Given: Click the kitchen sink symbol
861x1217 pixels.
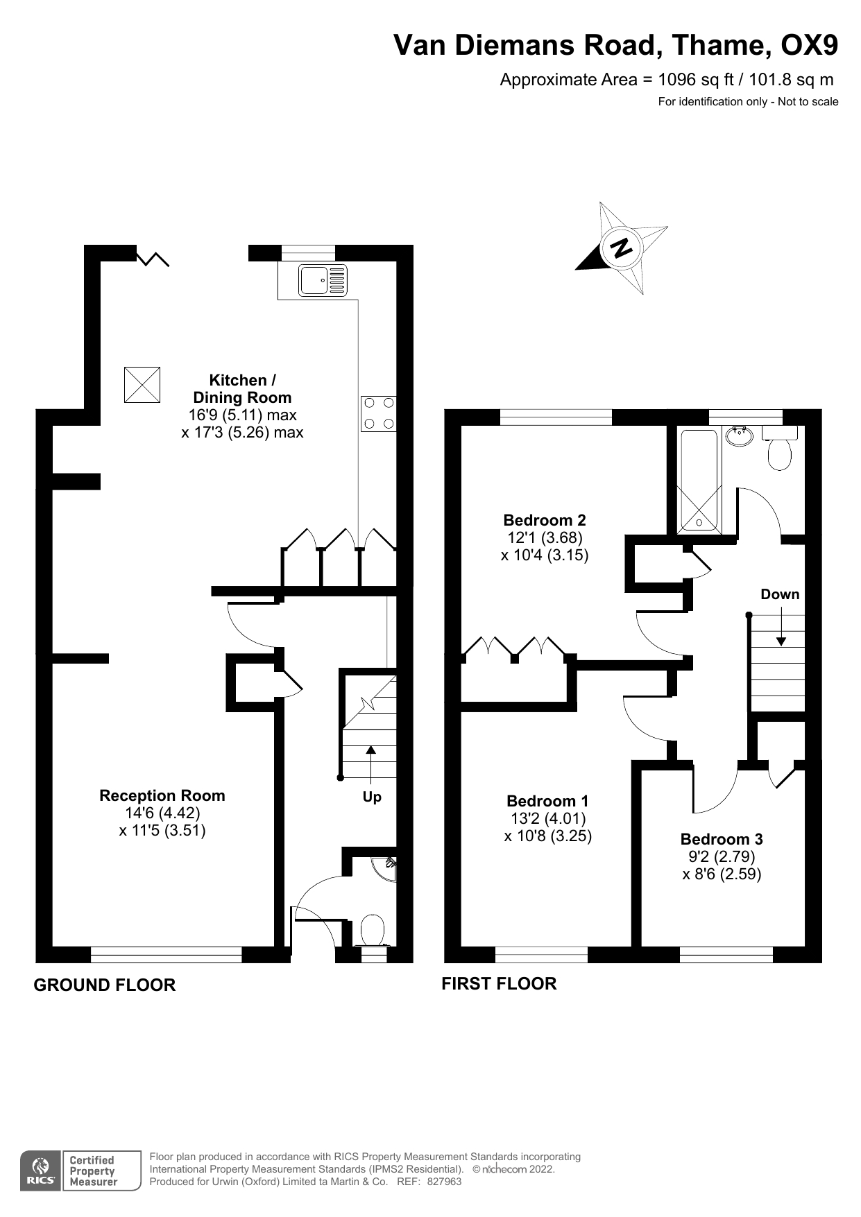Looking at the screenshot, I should (x=323, y=281).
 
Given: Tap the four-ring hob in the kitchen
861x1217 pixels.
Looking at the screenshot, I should (x=379, y=413).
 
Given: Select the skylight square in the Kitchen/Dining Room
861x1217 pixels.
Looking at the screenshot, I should (x=142, y=385).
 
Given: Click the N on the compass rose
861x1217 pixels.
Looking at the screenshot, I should (x=622, y=248).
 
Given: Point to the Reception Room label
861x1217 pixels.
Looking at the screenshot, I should (x=162, y=795).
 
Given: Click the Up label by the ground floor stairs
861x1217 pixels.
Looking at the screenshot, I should (x=372, y=797).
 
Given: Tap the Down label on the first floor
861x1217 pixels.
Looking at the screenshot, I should (x=780, y=594).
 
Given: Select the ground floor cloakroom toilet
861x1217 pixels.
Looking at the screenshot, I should (x=373, y=930).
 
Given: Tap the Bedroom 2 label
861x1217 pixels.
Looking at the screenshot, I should (x=545, y=520).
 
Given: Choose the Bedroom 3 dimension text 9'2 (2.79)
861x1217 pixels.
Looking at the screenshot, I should (x=722, y=856).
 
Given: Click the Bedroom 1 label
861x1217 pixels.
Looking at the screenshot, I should (x=547, y=801).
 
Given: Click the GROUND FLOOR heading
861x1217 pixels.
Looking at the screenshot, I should (x=105, y=985).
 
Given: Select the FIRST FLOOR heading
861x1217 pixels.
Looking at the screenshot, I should (x=499, y=983).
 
